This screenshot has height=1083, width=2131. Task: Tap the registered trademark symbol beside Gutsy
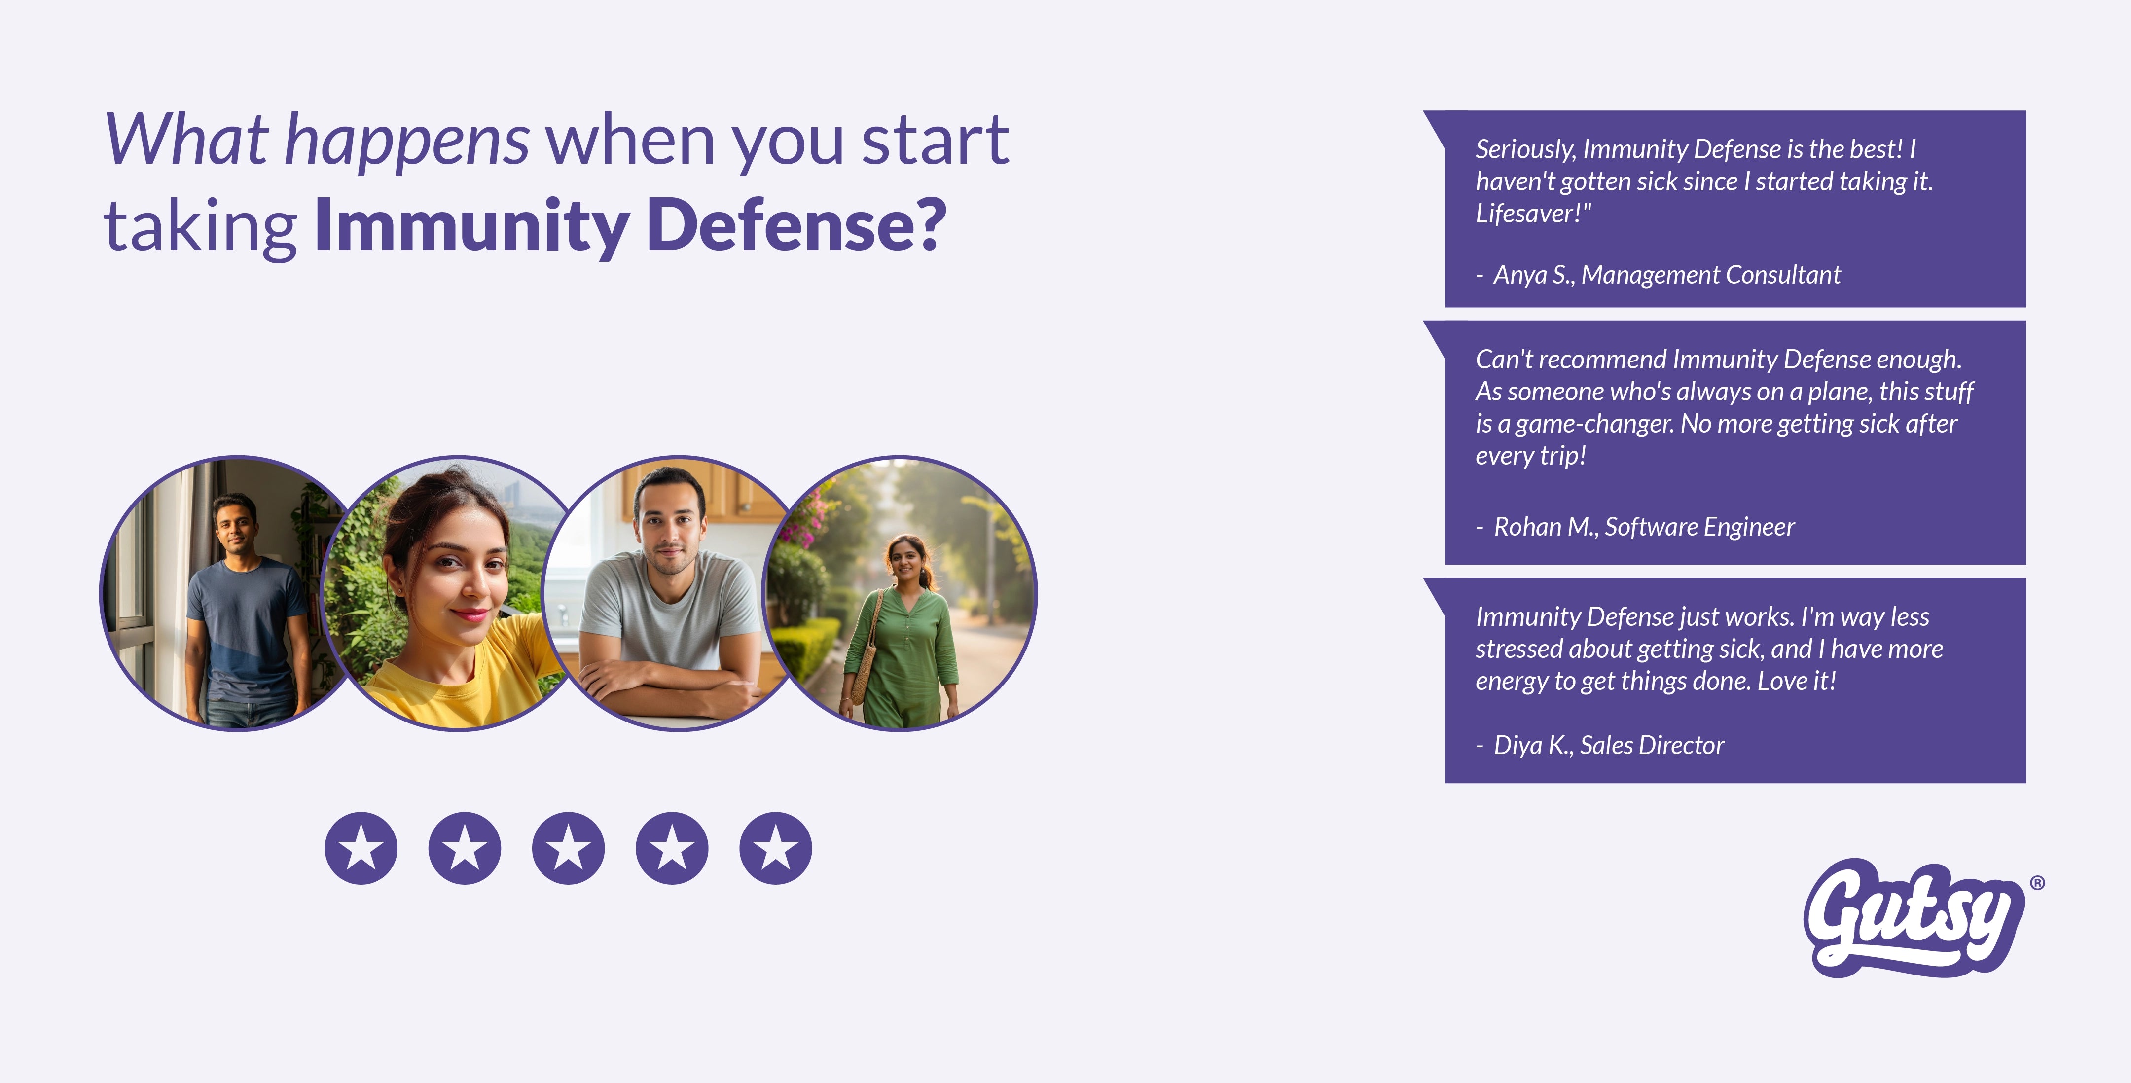(x=2037, y=883)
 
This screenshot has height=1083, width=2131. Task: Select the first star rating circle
(x=361, y=848)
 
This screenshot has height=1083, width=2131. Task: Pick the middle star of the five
(x=568, y=848)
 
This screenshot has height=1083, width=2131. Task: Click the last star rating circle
(x=776, y=848)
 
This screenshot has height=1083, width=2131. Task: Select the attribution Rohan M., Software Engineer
(x=1644, y=527)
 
